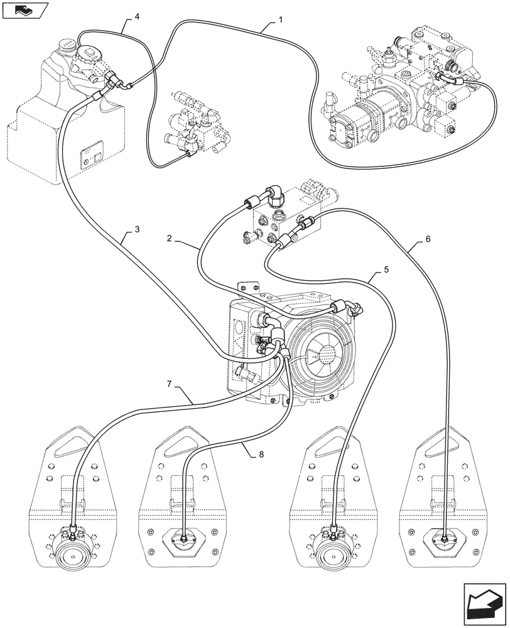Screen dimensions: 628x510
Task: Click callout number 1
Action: tap(280, 19)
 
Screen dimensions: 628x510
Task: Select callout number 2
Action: tap(170, 238)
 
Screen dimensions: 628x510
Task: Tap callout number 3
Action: tap(136, 229)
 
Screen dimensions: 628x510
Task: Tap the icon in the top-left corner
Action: tap(24, 10)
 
